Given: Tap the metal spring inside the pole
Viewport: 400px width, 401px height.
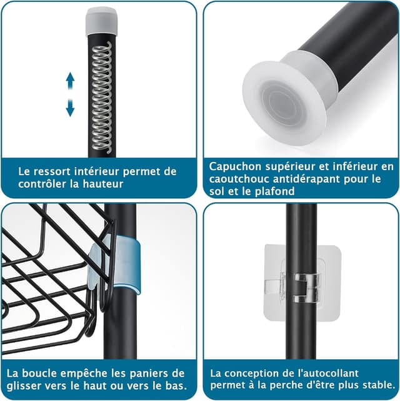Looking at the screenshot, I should coord(101,97).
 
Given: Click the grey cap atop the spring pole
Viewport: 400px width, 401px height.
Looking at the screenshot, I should coord(101,21).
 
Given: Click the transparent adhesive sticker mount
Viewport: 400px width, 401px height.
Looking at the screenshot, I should coord(302,282).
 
